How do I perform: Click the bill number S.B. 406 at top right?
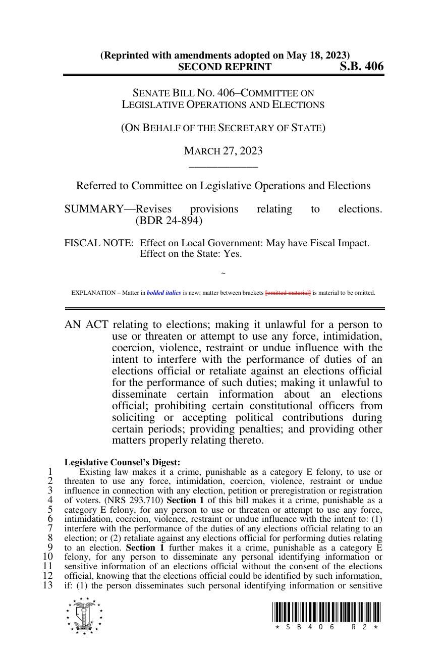[x=361, y=67]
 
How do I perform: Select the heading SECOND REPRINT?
[x=225, y=67]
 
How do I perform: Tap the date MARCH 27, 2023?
[x=223, y=151]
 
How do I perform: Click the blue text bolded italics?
[x=163, y=293]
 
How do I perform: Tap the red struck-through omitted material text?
[x=288, y=293]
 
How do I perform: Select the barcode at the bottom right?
[x=326, y=612]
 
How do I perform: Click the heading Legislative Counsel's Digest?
[x=122, y=462]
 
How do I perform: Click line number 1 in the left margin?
[x=50, y=472]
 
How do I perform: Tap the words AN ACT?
[x=86, y=324]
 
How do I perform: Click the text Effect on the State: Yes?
[x=191, y=254]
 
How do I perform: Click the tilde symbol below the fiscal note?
[x=223, y=274]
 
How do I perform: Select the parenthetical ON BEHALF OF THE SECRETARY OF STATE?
[x=223, y=128]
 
